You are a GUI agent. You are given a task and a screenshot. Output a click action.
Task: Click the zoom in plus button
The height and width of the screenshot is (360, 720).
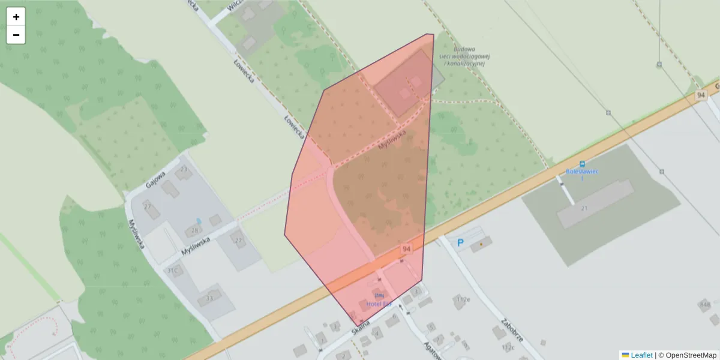point(16,17)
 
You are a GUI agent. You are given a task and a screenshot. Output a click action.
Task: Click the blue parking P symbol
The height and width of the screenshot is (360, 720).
point(461,243)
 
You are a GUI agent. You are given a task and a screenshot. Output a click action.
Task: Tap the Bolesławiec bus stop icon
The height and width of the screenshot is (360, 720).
point(581,164)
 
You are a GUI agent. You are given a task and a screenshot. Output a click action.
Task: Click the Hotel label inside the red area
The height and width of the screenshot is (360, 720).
point(379,304)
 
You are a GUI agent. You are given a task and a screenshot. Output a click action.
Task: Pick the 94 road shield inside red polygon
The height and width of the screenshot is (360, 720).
point(407,249)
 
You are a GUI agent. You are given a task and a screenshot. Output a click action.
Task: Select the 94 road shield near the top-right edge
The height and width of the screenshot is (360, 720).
point(701,95)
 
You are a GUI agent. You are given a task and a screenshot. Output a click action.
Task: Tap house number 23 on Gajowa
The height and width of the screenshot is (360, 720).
point(184,170)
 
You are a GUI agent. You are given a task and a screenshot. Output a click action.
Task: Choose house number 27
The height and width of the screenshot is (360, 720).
point(148,206)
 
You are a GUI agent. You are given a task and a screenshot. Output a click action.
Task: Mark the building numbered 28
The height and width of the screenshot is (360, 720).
point(194,230)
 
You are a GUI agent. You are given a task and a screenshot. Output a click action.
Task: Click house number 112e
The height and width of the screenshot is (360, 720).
point(463,299)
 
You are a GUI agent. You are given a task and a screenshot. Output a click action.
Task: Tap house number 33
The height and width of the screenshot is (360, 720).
point(209,298)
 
